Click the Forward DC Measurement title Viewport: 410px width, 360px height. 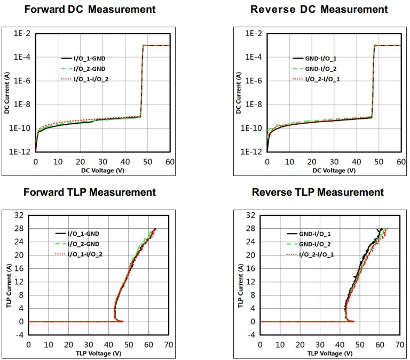(x=90, y=10)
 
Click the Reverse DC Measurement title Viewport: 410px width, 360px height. (x=319, y=10)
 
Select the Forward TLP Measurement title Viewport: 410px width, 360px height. (x=90, y=192)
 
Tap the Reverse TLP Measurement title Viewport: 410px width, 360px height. (x=318, y=192)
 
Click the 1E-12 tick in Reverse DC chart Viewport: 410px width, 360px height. (x=251, y=151)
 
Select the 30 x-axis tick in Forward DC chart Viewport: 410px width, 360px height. (x=102, y=162)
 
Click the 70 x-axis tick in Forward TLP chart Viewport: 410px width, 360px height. (x=169, y=345)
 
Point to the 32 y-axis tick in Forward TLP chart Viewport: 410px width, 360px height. (x=19, y=215)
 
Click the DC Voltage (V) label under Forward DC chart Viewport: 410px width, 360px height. (x=102, y=171)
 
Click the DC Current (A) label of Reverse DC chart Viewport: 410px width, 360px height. (x=239, y=92)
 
